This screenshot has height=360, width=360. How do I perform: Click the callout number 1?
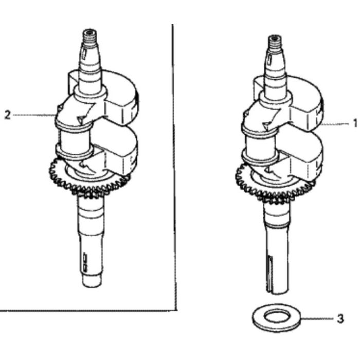(355, 123)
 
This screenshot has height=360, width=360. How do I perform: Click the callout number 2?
(7, 115)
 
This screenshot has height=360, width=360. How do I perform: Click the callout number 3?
(340, 319)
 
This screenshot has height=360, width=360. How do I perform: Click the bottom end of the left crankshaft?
(92, 281)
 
